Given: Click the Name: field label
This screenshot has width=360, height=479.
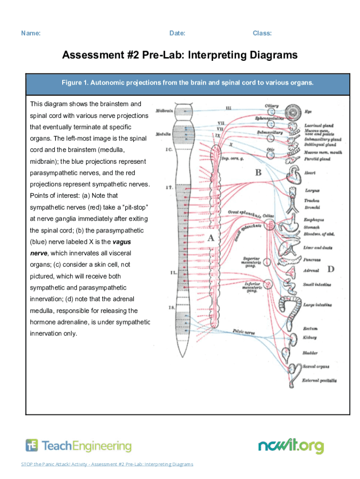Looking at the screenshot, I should click(x=30, y=33).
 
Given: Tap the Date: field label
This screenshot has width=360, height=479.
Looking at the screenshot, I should click(x=177, y=33).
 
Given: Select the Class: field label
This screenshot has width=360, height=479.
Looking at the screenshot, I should click(x=262, y=33).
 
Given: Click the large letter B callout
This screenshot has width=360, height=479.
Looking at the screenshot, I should click(x=258, y=173).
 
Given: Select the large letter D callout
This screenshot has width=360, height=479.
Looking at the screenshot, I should click(x=331, y=269).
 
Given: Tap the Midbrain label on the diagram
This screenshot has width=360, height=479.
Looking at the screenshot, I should click(x=165, y=111).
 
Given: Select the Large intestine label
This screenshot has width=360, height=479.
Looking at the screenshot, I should click(x=317, y=305).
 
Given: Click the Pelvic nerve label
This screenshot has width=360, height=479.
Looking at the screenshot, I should click(x=243, y=331).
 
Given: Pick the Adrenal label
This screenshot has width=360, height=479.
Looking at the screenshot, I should click(x=311, y=270).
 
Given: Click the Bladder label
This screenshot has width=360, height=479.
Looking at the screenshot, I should click(x=310, y=353).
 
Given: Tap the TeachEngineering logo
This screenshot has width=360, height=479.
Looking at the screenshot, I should click(x=79, y=446).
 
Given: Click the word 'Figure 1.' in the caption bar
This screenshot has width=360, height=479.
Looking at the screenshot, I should click(x=75, y=83).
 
